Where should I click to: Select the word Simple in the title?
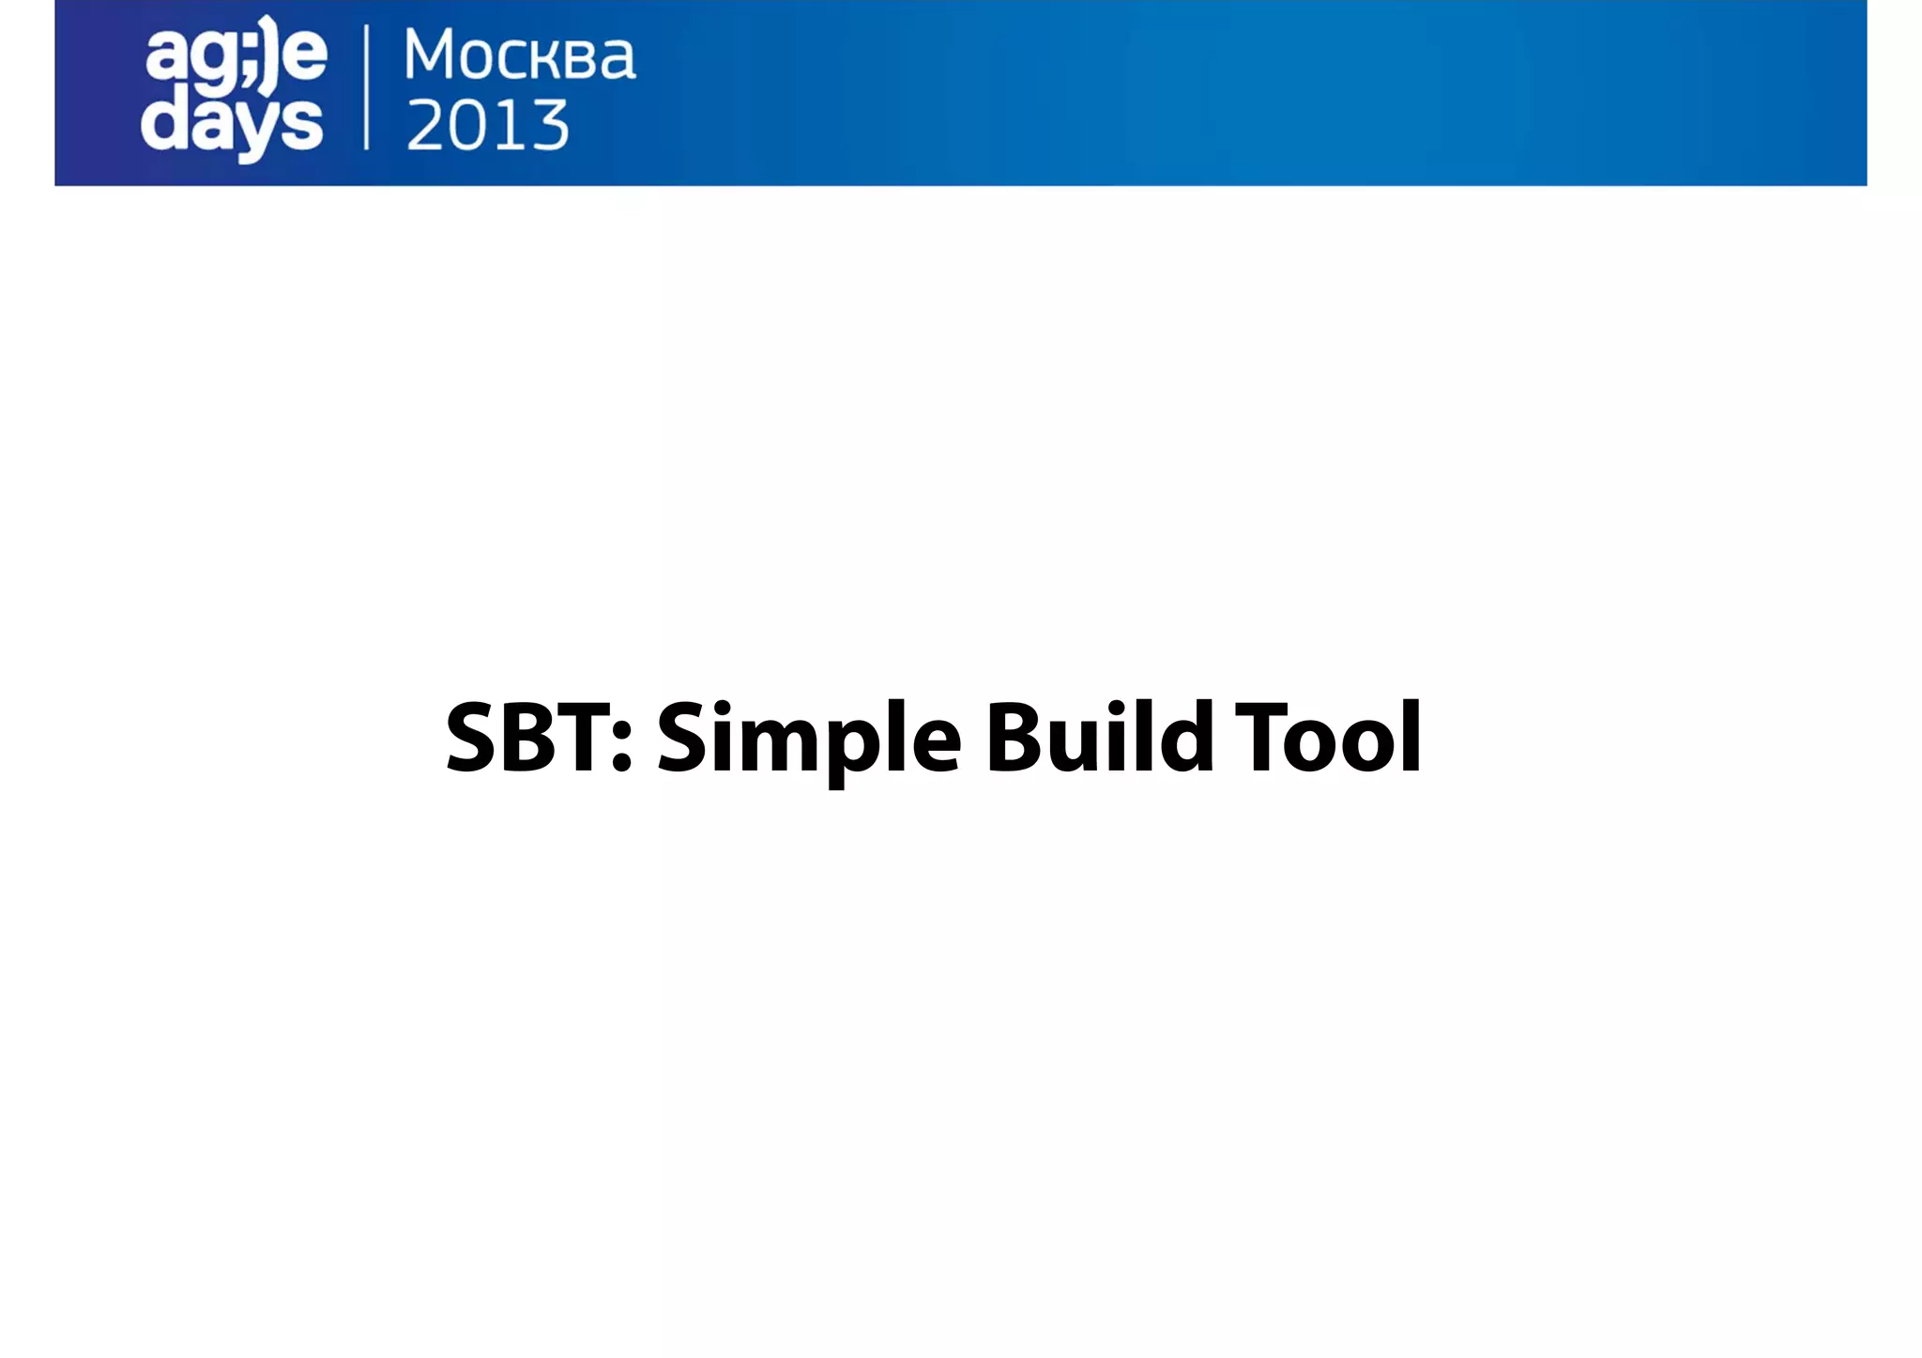[x=808, y=741]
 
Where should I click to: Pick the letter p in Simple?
[x=849, y=751]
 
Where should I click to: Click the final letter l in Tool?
[x=1411, y=737]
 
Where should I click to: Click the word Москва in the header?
[x=520, y=56]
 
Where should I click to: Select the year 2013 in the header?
[x=488, y=125]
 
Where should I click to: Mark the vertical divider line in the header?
[x=366, y=88]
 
